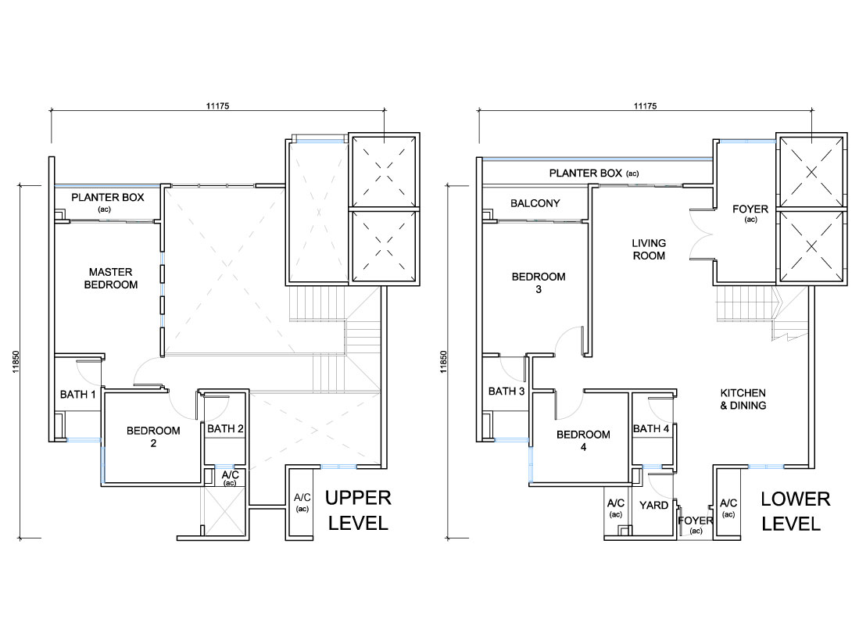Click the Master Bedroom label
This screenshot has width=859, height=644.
coord(111,278)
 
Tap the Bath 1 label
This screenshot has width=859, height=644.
coord(78,394)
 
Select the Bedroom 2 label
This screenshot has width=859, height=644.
coord(153,436)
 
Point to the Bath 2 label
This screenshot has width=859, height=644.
coord(225,429)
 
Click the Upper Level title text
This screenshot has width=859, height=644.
coord(358,510)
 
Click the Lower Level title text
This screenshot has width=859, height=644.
coord(796,511)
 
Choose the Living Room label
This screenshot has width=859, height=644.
coord(649,249)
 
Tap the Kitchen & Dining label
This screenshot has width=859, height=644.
coord(743,399)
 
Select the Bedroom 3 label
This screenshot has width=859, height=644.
coord(539,283)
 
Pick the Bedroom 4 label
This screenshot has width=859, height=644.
coord(583,440)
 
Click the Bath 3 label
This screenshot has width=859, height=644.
coord(506,392)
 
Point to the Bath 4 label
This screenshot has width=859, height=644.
coord(651,429)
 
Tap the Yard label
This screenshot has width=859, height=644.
coord(653,505)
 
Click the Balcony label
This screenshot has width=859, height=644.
coord(535,203)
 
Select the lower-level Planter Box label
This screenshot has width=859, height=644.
coord(594,173)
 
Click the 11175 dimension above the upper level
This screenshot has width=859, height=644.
coord(217,106)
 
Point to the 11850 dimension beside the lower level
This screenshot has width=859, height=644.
coord(443,362)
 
